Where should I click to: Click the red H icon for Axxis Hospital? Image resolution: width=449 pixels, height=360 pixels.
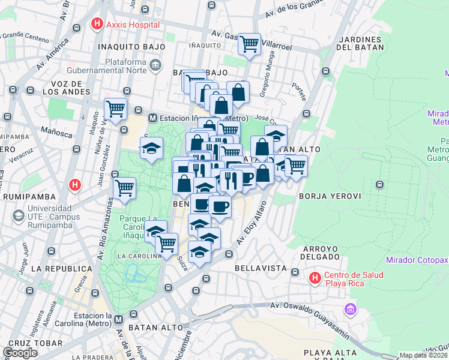(96, 25)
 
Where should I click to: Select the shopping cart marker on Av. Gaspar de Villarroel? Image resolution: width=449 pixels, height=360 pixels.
(249, 44)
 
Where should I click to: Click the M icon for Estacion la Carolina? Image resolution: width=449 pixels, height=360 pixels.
(119, 319)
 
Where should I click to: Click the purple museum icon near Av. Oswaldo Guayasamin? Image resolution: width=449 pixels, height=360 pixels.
(350, 310)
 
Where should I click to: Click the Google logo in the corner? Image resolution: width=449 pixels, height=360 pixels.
(20, 353)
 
